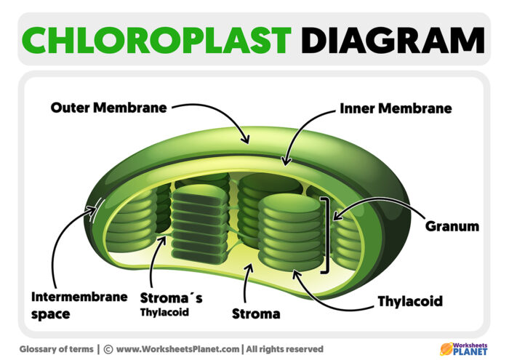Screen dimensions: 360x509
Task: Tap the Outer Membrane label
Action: [108, 108]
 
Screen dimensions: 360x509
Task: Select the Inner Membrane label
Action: [396, 108]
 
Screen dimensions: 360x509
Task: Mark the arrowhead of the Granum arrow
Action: [335, 216]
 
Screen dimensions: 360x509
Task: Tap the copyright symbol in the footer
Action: [108, 349]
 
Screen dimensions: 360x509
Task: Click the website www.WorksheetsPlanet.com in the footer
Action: [177, 349]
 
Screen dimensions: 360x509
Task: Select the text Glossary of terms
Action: [56, 349]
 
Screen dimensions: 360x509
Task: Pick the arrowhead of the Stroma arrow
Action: [249, 267]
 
